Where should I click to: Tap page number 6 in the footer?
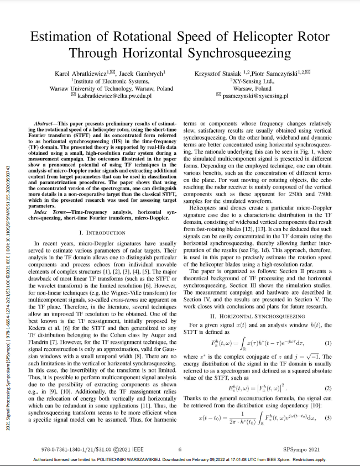[180, 449]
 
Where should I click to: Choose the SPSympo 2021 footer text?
[301, 449]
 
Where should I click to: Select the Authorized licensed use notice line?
[180, 459]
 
